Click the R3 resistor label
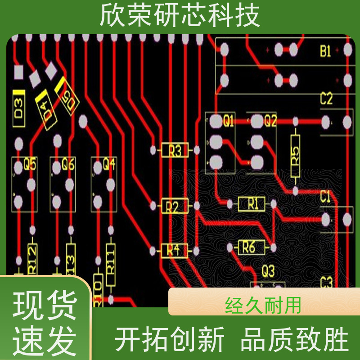[174, 150]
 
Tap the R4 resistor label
[173, 250]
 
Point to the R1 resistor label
[252, 204]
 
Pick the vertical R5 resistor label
[295, 156]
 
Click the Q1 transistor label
[229, 121]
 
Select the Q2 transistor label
[270, 121]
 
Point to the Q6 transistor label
[68, 165]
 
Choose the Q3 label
[268, 271]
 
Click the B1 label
[325, 51]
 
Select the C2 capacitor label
[326, 99]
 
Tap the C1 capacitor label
[325, 197]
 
